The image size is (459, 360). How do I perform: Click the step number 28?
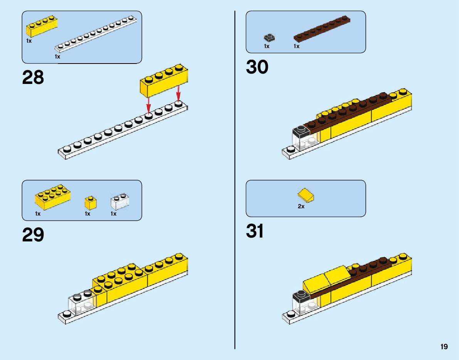(33, 77)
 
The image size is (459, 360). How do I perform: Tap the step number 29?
(33, 235)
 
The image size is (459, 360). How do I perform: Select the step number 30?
(257, 67)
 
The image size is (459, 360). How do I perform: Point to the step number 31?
(255, 231)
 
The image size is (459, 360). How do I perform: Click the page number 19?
(444, 347)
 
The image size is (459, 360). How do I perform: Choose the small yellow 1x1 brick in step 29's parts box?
(91, 203)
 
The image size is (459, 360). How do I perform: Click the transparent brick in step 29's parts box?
(120, 201)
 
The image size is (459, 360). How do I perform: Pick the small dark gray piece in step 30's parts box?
(269, 37)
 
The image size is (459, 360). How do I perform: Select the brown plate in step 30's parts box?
(322, 29)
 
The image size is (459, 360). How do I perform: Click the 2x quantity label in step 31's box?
(301, 206)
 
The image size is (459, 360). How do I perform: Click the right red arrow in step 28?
(178, 94)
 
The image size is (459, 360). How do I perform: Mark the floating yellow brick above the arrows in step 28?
(164, 80)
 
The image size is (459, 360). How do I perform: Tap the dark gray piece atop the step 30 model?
(301, 131)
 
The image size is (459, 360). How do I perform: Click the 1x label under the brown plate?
(296, 46)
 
